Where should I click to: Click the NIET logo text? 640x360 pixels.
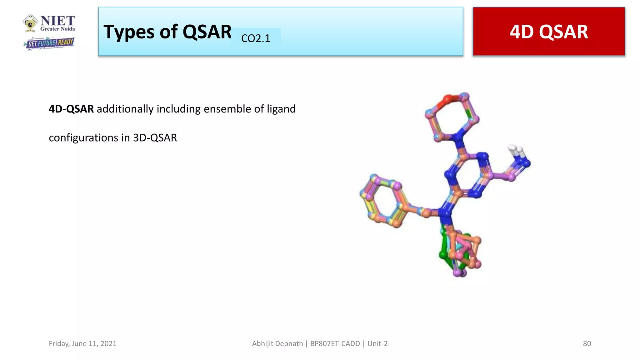click(x=57, y=21)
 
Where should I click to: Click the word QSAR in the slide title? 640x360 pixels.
click(x=207, y=32)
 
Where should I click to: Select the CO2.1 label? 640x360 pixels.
click(x=256, y=38)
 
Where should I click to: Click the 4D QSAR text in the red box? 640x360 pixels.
click(x=549, y=32)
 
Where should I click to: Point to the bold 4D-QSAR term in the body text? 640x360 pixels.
click(x=71, y=109)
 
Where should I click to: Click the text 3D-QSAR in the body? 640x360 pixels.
click(x=155, y=138)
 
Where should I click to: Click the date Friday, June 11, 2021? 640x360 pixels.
click(x=82, y=343)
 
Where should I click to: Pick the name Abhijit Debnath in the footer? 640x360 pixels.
click(x=277, y=343)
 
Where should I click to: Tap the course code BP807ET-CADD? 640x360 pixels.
click(x=335, y=343)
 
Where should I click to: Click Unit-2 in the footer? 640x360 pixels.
click(x=377, y=343)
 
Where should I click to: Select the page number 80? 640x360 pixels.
click(x=587, y=343)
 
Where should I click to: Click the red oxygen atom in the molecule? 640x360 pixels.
click(x=447, y=99)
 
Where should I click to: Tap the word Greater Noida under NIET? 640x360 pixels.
click(x=57, y=29)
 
